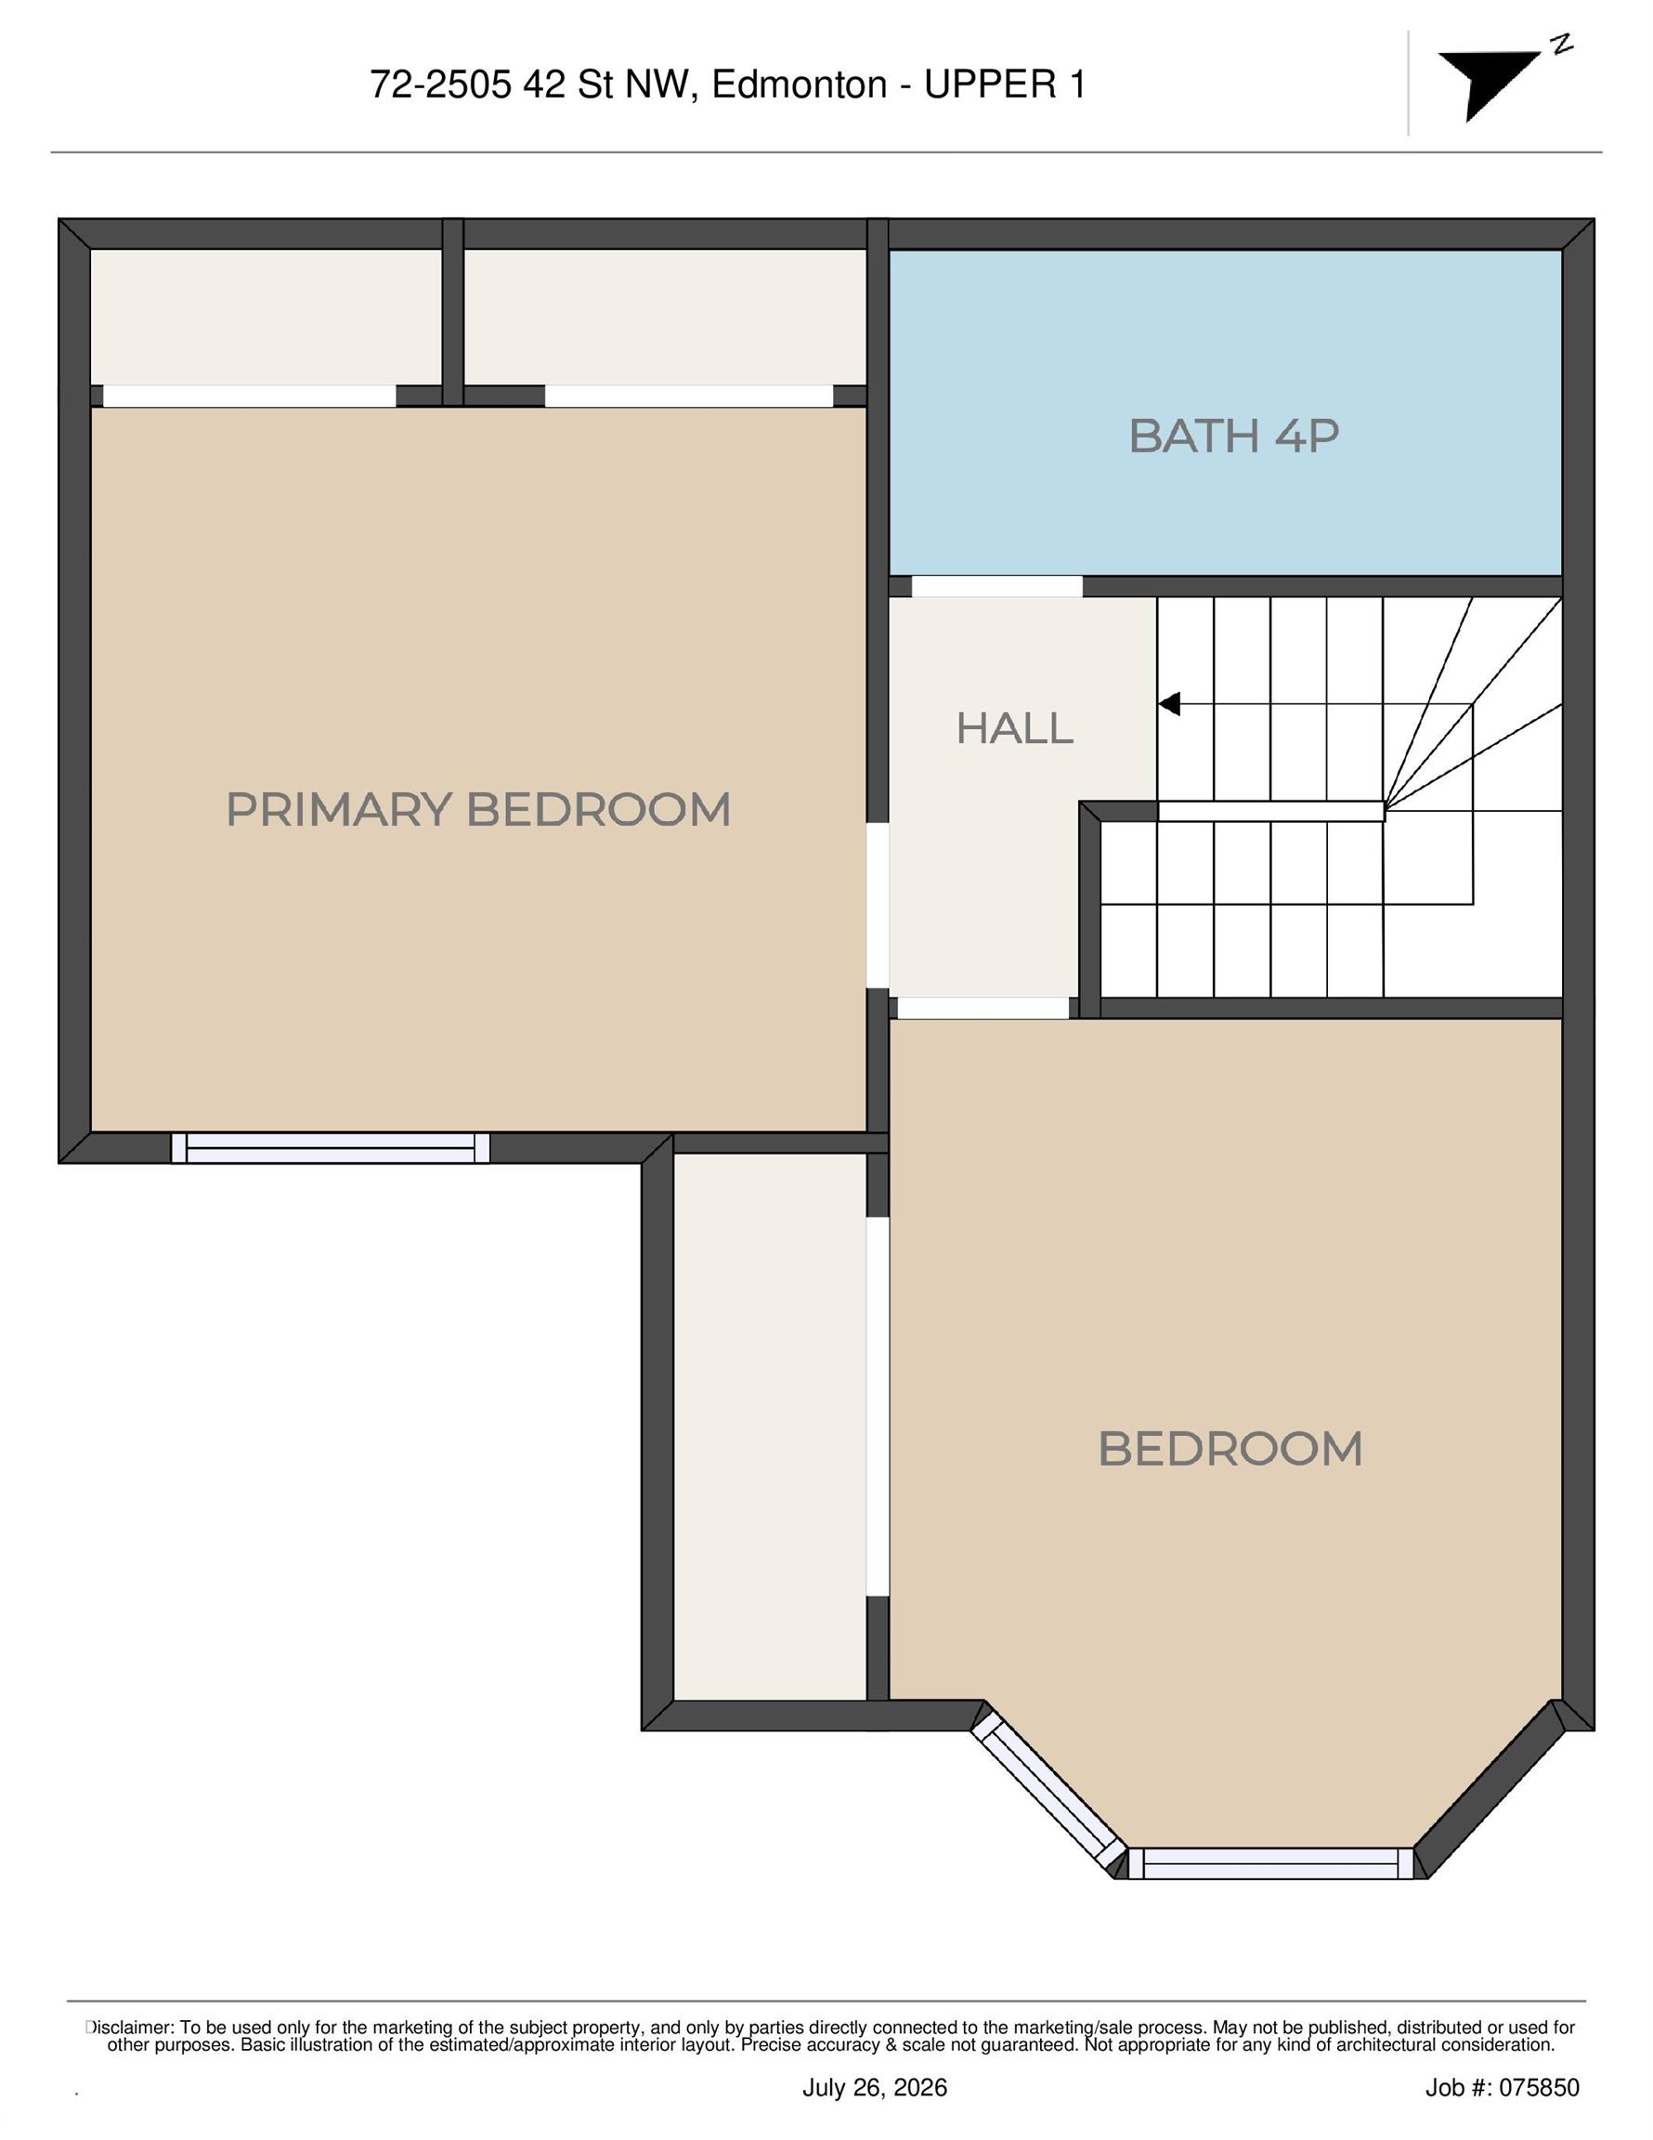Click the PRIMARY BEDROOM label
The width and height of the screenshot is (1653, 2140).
[x=478, y=810]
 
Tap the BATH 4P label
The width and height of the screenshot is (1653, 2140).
[x=1233, y=436]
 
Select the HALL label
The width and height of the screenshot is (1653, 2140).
[x=1014, y=729]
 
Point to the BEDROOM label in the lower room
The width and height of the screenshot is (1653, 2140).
[x=1230, y=1449]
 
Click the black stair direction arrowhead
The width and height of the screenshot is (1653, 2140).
[x=1169, y=703]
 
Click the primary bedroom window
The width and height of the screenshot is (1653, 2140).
[x=331, y=1147]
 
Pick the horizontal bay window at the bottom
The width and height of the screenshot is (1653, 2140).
[x=1271, y=1864]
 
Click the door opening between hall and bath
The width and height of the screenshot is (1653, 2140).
[x=997, y=586]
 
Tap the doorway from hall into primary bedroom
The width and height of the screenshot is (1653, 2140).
[x=878, y=905]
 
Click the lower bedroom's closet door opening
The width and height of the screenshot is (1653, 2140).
[x=878, y=1407]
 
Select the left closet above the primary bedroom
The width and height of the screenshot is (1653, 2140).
[x=266, y=318]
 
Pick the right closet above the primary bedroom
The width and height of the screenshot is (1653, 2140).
[x=665, y=318]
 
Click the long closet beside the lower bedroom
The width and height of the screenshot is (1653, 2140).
[x=770, y=1427]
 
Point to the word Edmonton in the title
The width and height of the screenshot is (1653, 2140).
[x=800, y=85]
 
